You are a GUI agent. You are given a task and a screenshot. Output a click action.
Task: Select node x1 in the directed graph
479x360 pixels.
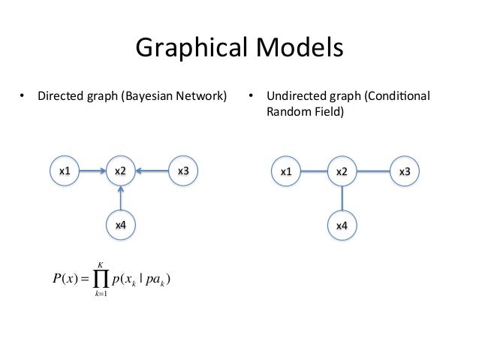pos(65,171)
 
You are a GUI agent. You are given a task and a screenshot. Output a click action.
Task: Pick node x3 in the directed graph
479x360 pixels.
pos(182,171)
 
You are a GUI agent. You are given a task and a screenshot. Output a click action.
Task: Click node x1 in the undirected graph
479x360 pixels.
pos(286,172)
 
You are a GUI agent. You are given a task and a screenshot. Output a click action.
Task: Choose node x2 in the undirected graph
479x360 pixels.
pos(341,172)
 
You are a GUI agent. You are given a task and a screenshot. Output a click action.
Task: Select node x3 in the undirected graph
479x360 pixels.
pos(404,172)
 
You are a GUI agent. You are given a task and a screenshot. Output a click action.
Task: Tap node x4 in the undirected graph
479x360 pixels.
pos(341,225)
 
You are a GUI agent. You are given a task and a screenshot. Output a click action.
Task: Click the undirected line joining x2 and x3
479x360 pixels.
pos(372,172)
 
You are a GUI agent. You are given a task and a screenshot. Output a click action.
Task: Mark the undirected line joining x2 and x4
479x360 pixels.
pos(341,198)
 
